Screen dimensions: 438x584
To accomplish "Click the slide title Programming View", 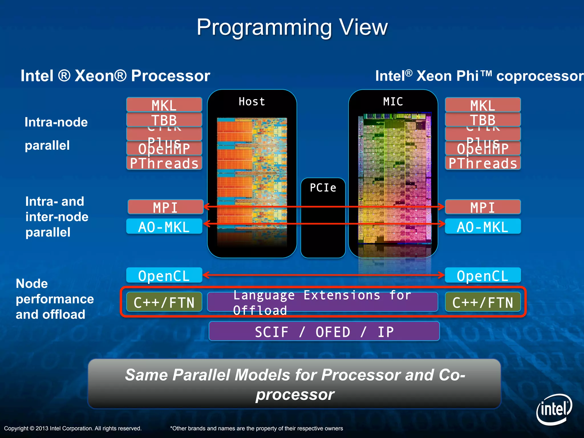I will (x=292, y=27).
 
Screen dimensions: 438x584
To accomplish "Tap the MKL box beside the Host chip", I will (x=164, y=105).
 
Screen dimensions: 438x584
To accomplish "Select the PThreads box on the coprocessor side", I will (x=482, y=163).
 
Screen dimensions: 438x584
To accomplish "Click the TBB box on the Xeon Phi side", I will (x=482, y=120).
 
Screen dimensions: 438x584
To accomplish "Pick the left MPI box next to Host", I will (x=165, y=207).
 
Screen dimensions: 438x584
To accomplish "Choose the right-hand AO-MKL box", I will (x=482, y=227).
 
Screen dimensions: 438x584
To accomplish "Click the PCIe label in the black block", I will (x=323, y=188).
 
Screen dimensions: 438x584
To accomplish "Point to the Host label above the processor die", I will (x=252, y=102).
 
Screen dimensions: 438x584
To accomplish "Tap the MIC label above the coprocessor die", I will (x=393, y=102).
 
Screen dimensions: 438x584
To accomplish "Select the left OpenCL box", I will (x=164, y=275).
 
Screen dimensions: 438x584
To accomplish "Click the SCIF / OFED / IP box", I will (x=324, y=331).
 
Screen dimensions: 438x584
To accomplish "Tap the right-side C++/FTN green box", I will (x=482, y=302).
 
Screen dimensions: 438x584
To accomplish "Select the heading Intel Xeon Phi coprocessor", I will (x=479, y=76).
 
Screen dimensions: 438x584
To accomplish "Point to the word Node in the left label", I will (x=32, y=284).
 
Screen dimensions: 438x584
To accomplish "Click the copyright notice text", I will (x=73, y=428).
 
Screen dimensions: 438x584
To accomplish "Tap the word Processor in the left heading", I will (x=171, y=76).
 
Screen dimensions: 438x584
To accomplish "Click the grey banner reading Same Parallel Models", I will (x=294, y=384).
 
